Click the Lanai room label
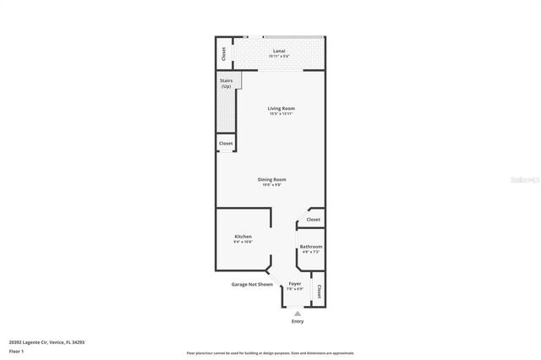pyautogui.click(x=278, y=51)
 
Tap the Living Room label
pyautogui.click(x=281, y=108)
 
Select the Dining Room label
pyautogui.click(x=272, y=179)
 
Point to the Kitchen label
pyautogui.click(x=243, y=237)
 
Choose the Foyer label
pyautogui.click(x=294, y=283)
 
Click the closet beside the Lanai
pyautogui.click(x=223, y=52)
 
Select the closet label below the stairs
pyautogui.click(x=226, y=144)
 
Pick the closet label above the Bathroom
pyautogui.click(x=314, y=220)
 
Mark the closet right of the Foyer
pyautogui.click(x=319, y=292)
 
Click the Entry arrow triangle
pyautogui.click(x=297, y=314)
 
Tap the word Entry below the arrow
pyautogui.click(x=298, y=322)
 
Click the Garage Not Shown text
pyautogui.click(x=252, y=285)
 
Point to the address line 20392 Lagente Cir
pyautogui.click(x=46, y=342)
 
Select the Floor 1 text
pyautogui.click(x=16, y=351)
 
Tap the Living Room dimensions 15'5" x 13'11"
pyautogui.click(x=281, y=113)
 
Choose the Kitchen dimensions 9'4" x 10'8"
pyautogui.click(x=243, y=242)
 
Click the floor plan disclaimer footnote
pyautogui.click(x=270, y=352)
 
